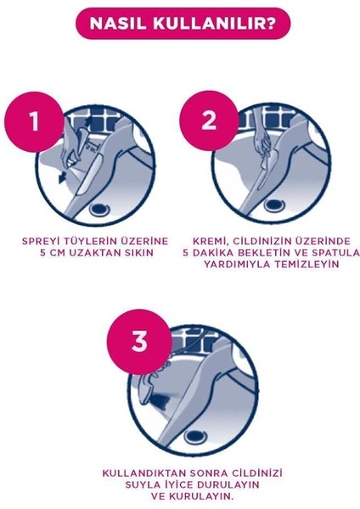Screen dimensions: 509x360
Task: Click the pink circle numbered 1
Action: (x=35, y=121)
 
